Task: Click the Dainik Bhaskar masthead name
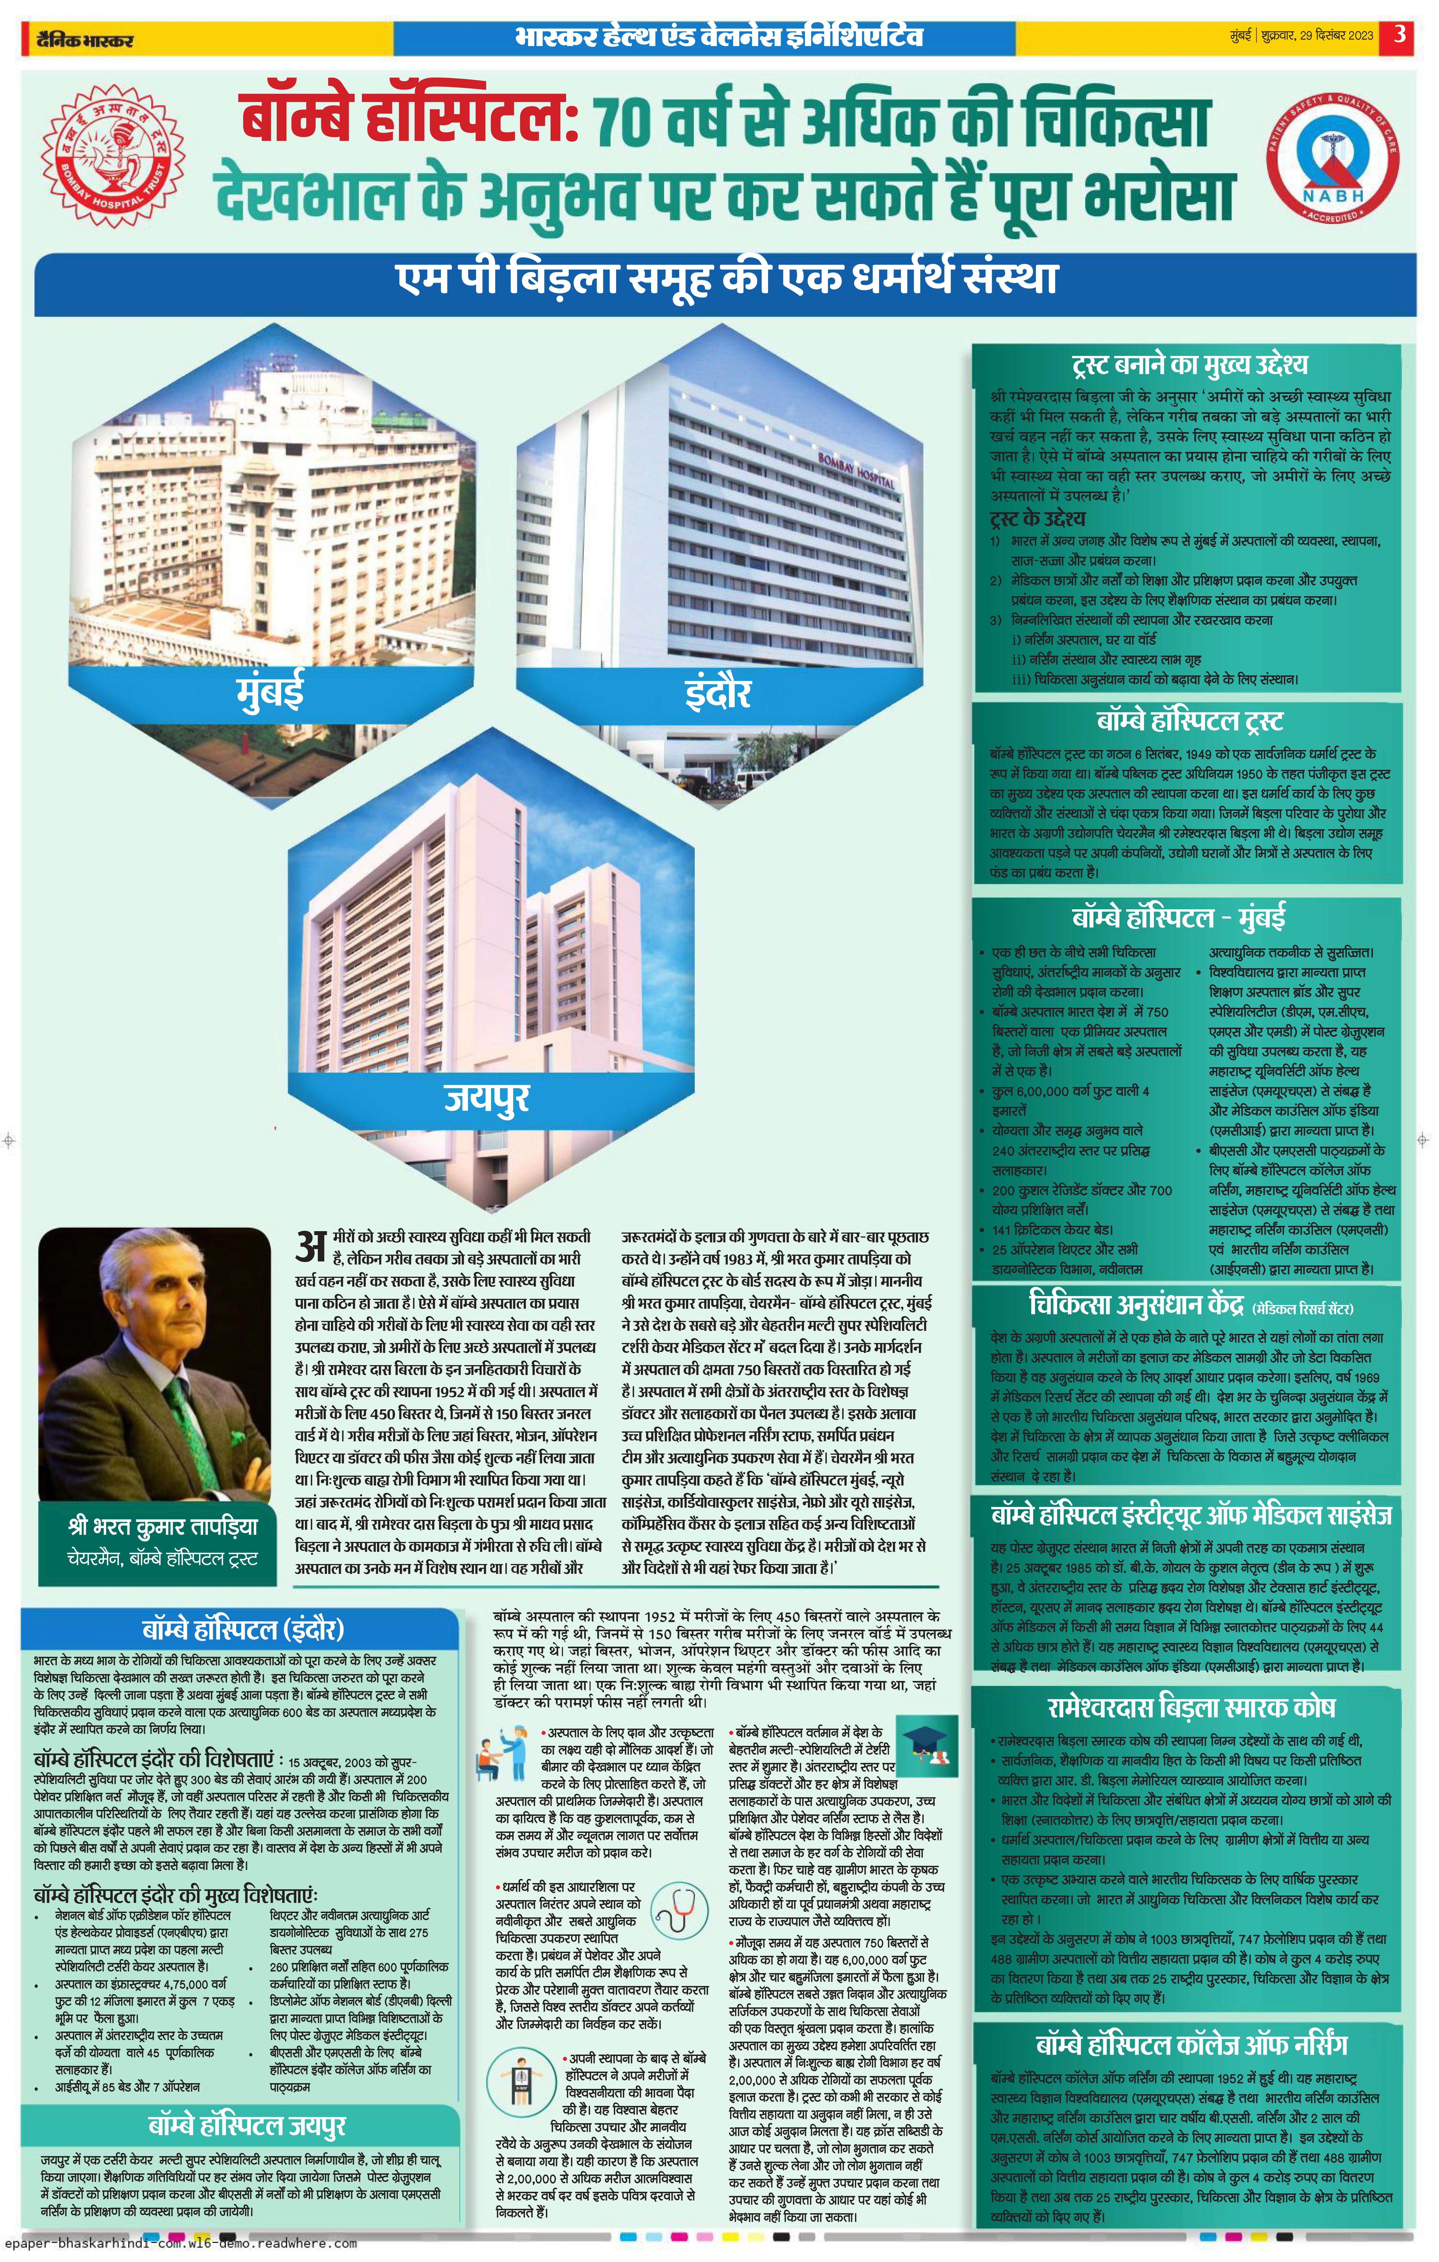[x=84, y=39]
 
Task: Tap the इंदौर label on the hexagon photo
[x=718, y=692]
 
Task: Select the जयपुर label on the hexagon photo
[x=486, y=1097]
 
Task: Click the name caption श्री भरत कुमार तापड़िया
[x=162, y=1526]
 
